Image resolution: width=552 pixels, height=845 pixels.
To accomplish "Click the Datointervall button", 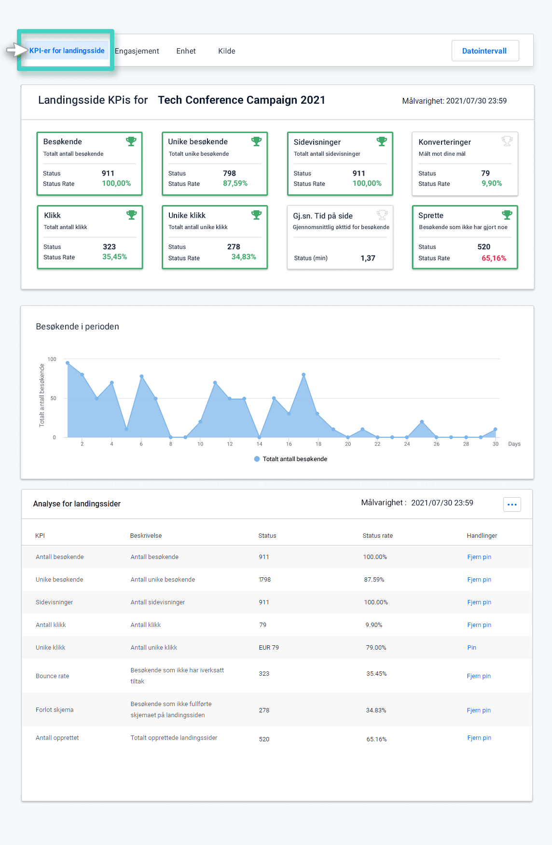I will pyautogui.click(x=484, y=51).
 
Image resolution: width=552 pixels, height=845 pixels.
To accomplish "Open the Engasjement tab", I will pyautogui.click(x=137, y=51).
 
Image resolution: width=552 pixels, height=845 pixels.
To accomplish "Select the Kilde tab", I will pyautogui.click(x=226, y=51).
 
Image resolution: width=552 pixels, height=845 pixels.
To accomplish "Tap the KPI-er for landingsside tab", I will pyautogui.click(x=67, y=51).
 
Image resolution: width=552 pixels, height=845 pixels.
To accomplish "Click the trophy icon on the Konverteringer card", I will pyautogui.click(x=507, y=141).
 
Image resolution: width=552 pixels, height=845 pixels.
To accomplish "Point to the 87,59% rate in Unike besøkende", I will pyautogui.click(x=235, y=183).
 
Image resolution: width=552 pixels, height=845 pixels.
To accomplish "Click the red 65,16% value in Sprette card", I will pyautogui.click(x=494, y=258).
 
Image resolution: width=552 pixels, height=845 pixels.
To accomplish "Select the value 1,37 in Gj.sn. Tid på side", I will pyautogui.click(x=368, y=258).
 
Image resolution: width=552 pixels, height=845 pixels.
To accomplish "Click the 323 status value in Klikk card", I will pyautogui.click(x=109, y=246).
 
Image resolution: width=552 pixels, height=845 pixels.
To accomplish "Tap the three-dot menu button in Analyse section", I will pyautogui.click(x=511, y=504).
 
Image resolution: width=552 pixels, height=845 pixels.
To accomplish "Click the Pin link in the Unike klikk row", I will pyautogui.click(x=471, y=648).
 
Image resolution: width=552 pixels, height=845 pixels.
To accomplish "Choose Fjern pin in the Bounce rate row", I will pyautogui.click(x=478, y=676).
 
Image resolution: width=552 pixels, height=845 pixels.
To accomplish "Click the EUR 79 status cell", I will pyautogui.click(x=269, y=648).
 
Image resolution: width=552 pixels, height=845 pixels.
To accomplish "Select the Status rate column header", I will pyautogui.click(x=377, y=536).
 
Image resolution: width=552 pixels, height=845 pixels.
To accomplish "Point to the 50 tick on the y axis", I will pyautogui.click(x=53, y=398).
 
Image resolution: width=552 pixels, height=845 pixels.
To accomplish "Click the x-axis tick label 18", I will pyautogui.click(x=318, y=444).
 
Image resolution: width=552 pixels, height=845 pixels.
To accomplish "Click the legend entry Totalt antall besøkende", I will pyautogui.click(x=294, y=459).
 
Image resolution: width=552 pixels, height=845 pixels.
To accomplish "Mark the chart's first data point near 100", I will pyautogui.click(x=68, y=363).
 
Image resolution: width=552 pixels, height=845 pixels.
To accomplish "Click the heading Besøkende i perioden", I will pyautogui.click(x=77, y=327).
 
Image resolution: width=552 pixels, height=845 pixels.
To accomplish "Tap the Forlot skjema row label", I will pyautogui.click(x=55, y=710).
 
